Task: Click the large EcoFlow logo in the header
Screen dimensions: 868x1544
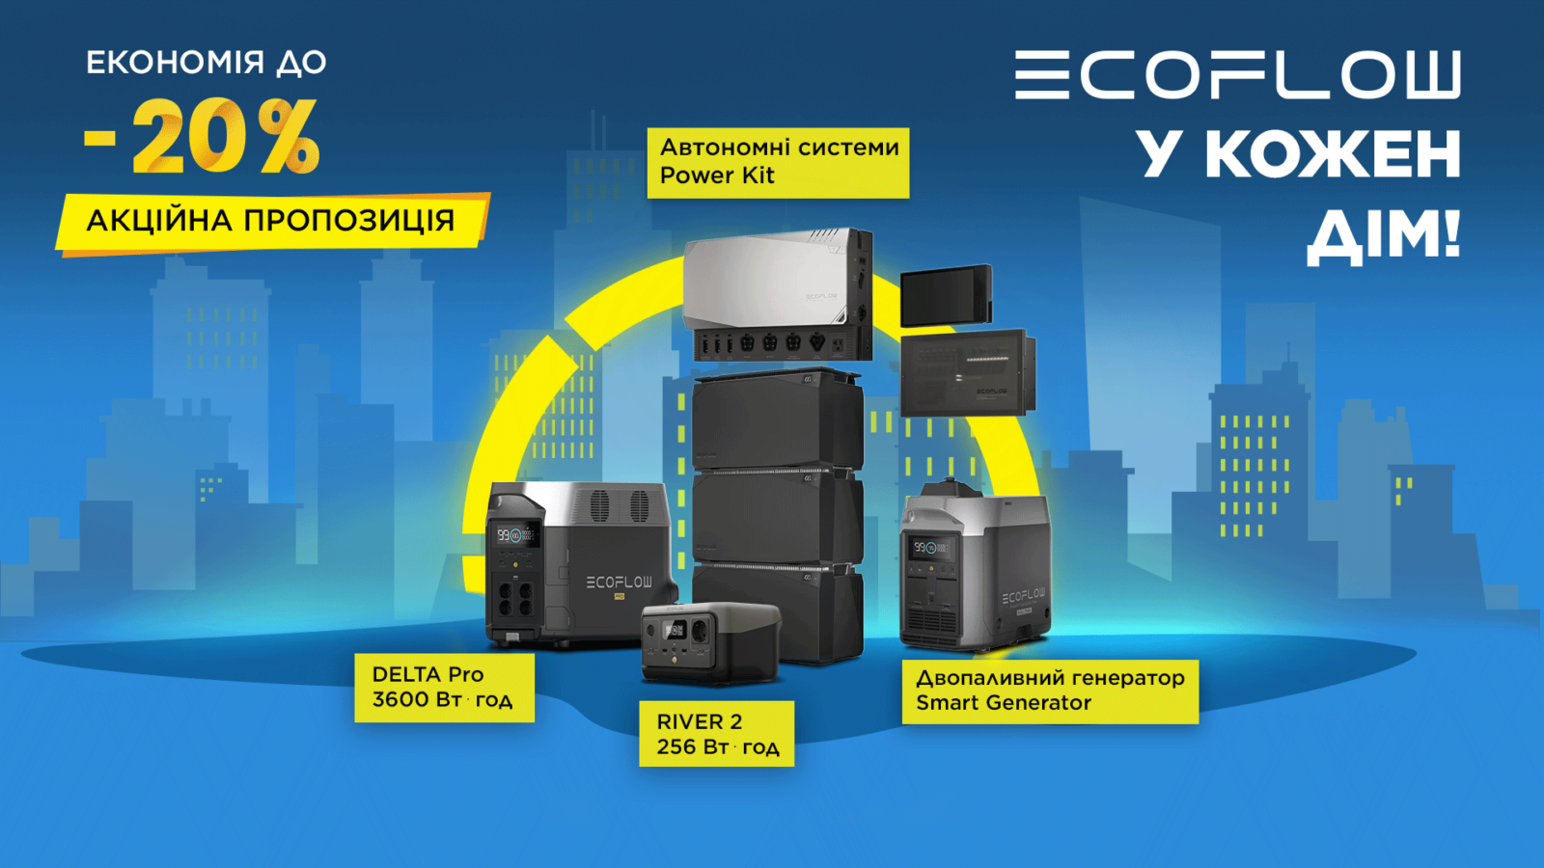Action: [1237, 74]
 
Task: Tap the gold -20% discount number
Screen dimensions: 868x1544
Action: [203, 139]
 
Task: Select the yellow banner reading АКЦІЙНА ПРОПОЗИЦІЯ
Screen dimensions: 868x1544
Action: [271, 221]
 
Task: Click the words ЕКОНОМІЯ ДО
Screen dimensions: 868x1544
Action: [207, 63]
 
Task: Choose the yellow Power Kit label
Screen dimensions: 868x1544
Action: [778, 162]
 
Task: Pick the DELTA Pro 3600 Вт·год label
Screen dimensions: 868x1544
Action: [444, 687]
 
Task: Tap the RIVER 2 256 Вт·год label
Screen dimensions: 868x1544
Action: [716, 734]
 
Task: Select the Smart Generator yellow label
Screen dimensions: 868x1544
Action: [1050, 691]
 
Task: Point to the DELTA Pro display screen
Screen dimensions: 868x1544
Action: [515, 535]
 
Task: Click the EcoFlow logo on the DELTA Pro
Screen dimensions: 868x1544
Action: [619, 583]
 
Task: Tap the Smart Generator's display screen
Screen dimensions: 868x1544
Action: [929, 548]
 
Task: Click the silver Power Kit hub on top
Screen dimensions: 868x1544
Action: [777, 280]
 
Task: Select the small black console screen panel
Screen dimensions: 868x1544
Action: [946, 295]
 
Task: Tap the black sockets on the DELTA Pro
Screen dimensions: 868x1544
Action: [514, 596]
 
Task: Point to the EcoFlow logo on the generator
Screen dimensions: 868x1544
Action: [1023, 596]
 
